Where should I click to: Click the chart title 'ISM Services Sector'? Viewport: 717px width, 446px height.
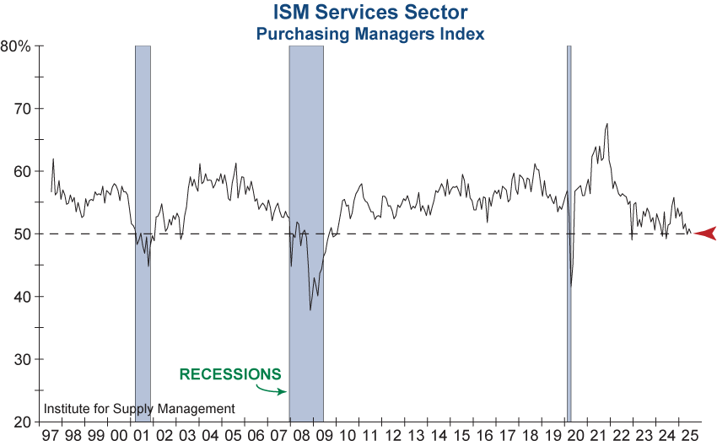coord(370,13)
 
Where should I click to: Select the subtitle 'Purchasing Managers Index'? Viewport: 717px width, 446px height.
coord(370,34)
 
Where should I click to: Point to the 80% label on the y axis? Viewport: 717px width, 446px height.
coord(16,46)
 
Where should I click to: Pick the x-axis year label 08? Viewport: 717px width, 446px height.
coord(301,435)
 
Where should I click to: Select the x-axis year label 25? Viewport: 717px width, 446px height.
coord(689,435)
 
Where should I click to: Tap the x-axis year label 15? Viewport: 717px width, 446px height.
coord(461,435)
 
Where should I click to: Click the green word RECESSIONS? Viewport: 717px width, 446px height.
coord(230,373)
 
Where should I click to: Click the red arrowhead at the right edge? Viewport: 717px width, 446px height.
coord(705,234)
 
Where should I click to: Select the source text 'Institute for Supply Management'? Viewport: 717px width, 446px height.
coord(139,409)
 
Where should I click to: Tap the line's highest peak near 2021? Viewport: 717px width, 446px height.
coord(607,124)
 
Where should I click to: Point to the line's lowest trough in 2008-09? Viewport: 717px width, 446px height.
coord(310,310)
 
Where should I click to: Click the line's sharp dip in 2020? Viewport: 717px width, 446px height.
coord(572,286)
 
